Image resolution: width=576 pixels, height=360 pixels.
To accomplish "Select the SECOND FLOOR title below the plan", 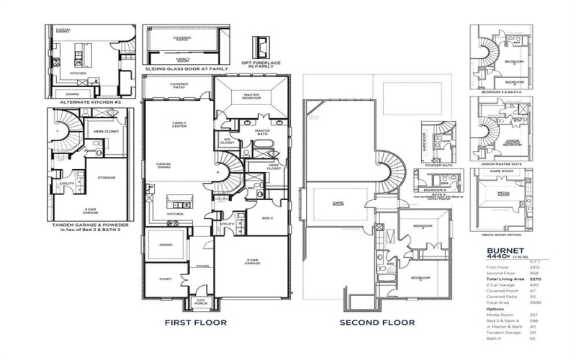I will tap(378, 323).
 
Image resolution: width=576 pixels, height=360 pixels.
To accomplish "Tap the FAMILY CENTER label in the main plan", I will tap(179, 125).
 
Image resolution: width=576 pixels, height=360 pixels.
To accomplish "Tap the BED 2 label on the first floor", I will tap(266, 217).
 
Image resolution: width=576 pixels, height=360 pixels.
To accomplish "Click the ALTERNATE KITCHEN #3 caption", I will tap(82, 102).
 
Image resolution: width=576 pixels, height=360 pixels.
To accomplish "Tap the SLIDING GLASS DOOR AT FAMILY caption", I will tap(186, 68).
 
